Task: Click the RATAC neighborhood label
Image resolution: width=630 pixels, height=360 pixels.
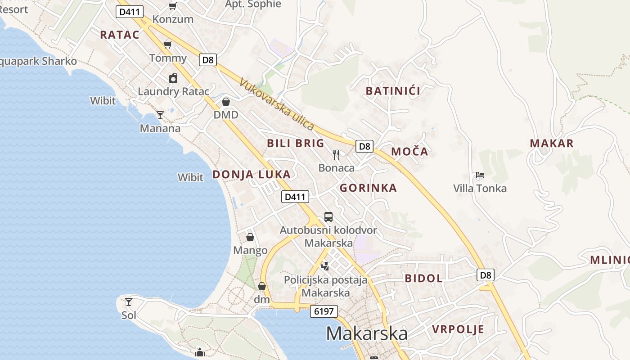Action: point(120,35)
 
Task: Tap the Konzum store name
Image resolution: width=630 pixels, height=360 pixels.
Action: point(173,19)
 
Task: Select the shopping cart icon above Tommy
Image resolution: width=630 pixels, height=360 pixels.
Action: point(168,44)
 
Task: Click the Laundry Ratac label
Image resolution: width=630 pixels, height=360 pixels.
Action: point(173,91)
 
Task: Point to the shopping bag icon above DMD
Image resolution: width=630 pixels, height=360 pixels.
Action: point(226,102)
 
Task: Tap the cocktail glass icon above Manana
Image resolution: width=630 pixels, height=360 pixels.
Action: point(160,115)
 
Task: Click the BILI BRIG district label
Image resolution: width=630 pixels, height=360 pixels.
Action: point(295,144)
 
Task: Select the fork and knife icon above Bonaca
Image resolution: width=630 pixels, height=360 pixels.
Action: point(336,155)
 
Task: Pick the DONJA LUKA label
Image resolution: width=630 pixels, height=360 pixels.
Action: point(252,175)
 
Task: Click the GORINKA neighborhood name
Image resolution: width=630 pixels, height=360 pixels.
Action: point(368,188)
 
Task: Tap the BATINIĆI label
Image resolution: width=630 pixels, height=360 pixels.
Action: point(393,91)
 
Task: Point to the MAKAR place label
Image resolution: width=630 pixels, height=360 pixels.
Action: point(552,144)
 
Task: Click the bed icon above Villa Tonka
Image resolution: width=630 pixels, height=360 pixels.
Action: point(480,175)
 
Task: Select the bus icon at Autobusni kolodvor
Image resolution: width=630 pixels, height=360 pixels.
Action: point(328,217)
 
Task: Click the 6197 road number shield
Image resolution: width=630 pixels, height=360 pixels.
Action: point(324,311)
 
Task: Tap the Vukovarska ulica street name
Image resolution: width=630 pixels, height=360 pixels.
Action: point(276,104)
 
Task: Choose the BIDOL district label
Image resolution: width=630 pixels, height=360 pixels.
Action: point(423,278)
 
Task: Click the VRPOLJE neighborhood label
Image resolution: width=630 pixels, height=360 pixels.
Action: point(458,329)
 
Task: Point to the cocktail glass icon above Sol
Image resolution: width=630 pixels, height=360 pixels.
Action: point(129,301)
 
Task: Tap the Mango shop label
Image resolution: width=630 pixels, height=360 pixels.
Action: point(250,250)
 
